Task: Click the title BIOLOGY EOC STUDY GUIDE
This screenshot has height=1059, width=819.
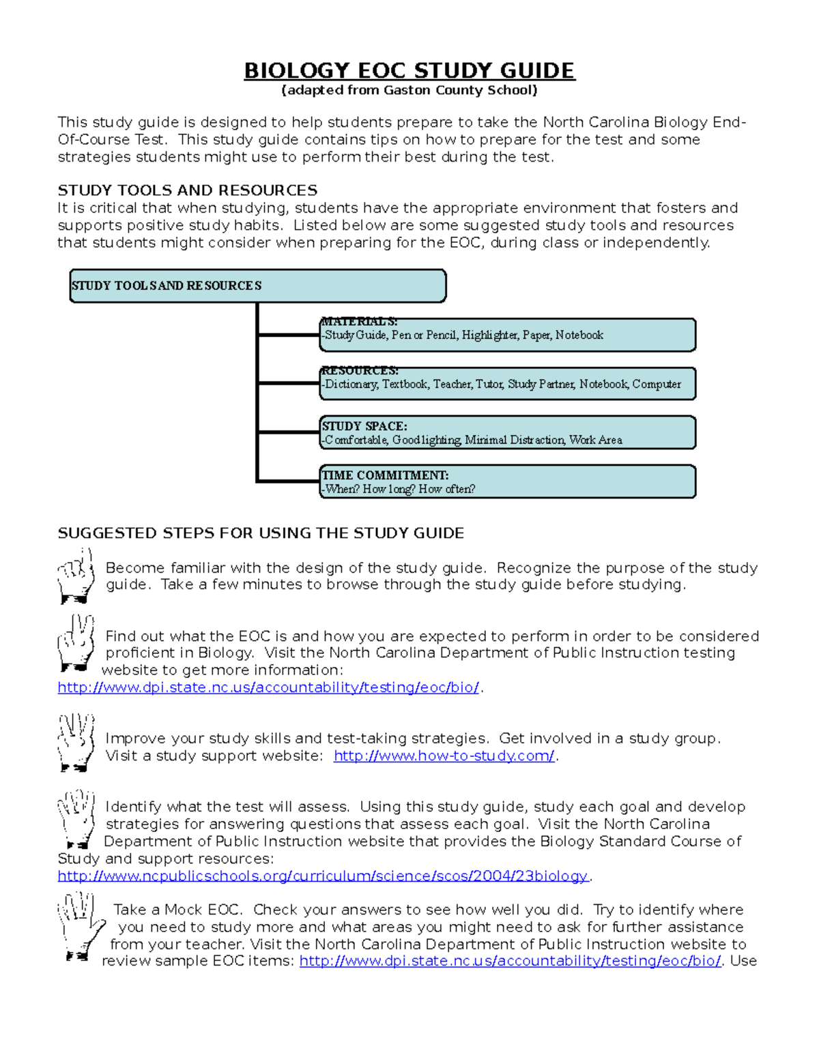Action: tap(409, 71)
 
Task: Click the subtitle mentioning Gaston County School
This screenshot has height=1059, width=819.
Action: tap(409, 90)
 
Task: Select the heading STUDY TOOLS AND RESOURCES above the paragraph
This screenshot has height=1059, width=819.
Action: tap(188, 190)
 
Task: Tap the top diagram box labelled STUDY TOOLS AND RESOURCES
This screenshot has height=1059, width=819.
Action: tap(258, 286)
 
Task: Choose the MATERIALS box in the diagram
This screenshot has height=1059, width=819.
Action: tap(507, 335)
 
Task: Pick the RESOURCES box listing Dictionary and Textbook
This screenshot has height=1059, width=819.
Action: tap(507, 383)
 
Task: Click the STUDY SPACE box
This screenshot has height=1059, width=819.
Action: tap(507, 432)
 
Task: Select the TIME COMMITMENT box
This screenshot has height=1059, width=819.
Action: tap(507, 481)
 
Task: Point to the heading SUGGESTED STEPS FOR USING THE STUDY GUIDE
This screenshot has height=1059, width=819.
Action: tap(261, 533)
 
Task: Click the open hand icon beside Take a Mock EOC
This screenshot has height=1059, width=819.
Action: tap(81, 926)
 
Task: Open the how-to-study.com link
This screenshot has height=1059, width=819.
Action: tap(444, 756)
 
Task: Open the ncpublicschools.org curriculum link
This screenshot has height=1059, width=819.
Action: tap(322, 876)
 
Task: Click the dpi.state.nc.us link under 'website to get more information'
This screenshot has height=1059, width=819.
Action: tap(268, 687)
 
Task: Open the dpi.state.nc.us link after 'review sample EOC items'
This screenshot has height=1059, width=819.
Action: tap(510, 961)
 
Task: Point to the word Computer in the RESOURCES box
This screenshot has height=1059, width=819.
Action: tap(656, 384)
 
